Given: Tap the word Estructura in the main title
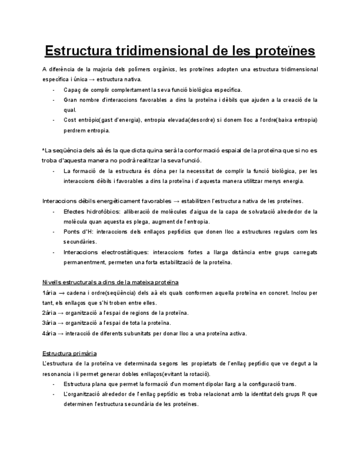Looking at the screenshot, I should click(x=77, y=51).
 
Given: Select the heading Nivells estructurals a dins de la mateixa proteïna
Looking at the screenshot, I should click(x=110, y=282).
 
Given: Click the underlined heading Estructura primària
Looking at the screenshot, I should click(x=69, y=353).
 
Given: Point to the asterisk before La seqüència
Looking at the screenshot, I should click(x=43, y=150).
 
